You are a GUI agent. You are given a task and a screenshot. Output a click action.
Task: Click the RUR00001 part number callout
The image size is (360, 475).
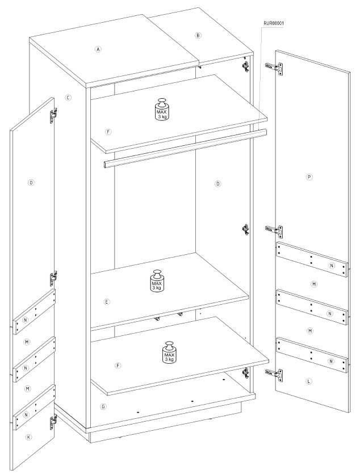274,23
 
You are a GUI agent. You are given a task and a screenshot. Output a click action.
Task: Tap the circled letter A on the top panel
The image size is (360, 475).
98,49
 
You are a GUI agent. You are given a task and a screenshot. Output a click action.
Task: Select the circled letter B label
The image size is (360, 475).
198,35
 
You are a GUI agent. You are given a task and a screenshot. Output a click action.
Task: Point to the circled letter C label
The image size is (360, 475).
68,98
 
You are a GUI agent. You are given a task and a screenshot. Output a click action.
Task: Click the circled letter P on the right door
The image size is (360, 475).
309,177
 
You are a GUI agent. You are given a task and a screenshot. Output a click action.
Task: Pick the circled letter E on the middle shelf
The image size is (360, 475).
106,302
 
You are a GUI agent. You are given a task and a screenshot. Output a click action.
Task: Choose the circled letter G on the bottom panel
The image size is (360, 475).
103,406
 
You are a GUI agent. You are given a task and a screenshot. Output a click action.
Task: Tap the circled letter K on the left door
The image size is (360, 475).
28,437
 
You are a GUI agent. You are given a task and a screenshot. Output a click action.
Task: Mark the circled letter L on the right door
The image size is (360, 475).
309,381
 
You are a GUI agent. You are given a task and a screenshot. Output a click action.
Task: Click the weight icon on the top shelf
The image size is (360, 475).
162,109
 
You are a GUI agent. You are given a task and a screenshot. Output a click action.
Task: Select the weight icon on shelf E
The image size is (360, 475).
157,281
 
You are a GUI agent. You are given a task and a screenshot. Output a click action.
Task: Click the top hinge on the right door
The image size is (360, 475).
275,68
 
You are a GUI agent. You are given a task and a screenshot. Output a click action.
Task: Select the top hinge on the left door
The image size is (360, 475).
53,115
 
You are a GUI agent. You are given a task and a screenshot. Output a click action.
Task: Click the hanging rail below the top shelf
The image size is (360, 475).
185,148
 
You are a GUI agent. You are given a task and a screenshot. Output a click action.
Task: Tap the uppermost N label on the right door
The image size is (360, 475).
332,266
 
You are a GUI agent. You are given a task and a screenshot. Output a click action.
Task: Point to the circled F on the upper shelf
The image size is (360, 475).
108,132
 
